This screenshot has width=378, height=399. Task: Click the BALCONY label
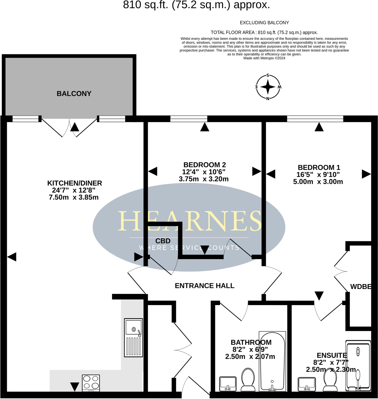pyautogui.click(x=74, y=94)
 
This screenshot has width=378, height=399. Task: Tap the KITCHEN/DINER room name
pyautogui.click(x=75, y=183)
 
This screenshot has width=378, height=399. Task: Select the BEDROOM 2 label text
pyautogui.click(x=204, y=165)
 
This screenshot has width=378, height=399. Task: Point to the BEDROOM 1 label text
pyautogui.click(x=319, y=167)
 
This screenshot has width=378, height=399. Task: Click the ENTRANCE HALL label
pyautogui.click(x=204, y=285)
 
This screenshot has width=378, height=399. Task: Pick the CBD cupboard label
pyautogui.click(x=163, y=241)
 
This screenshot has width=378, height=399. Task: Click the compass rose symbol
pyautogui.click(x=268, y=87)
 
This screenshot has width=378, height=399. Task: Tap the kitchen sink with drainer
pyautogui.click(x=133, y=337)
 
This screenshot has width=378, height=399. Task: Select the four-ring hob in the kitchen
pyautogui.click(x=91, y=383)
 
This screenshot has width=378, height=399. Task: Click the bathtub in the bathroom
pyautogui.click(x=272, y=361)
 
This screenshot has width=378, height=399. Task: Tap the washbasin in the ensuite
pyautogui.click(x=306, y=384)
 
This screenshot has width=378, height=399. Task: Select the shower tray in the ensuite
pyautogui.click(x=358, y=365)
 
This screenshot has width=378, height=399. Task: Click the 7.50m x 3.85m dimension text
pyautogui.click(x=73, y=197)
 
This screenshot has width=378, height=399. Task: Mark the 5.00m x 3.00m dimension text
pyautogui.click(x=318, y=182)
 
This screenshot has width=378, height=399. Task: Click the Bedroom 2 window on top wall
pyautogui.click(x=189, y=119)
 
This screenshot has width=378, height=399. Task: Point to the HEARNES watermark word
pyautogui.click(x=189, y=221)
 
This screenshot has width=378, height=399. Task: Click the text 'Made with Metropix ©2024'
pyautogui.click(x=264, y=58)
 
